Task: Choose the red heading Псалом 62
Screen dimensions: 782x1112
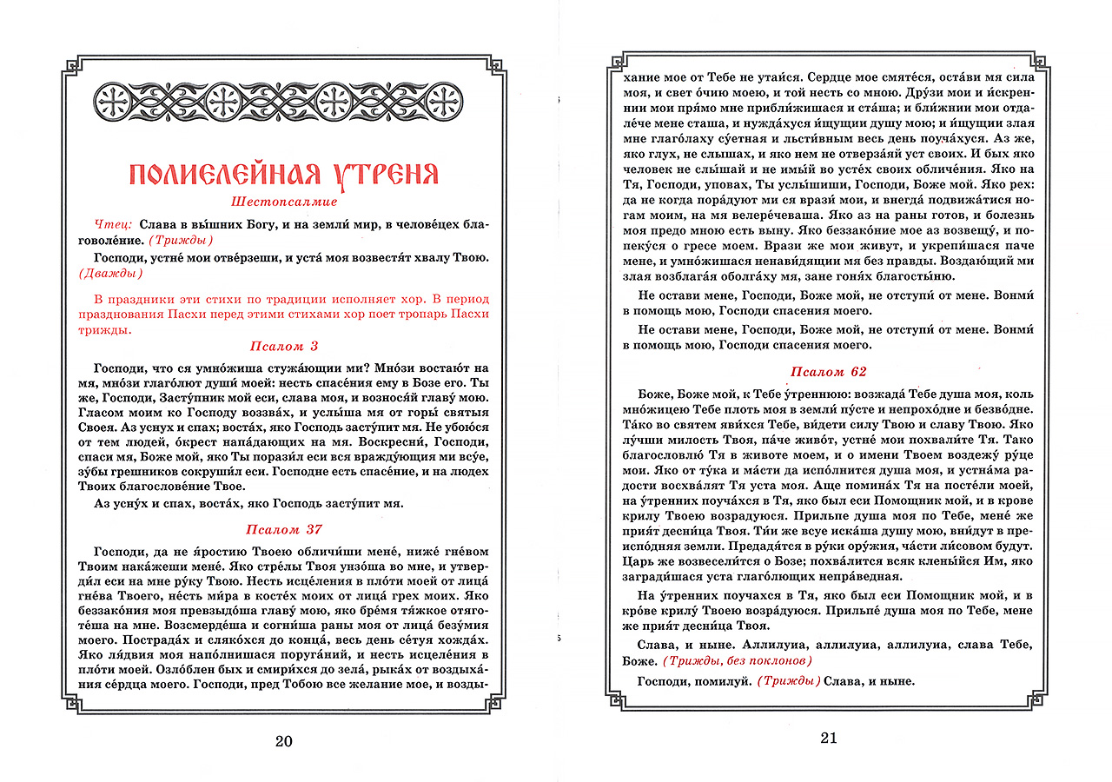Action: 829,372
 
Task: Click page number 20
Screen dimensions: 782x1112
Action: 284,741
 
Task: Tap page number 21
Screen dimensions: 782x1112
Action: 828,739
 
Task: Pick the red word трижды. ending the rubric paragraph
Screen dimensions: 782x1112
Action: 110,330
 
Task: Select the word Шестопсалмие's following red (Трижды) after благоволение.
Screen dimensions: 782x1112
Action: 181,240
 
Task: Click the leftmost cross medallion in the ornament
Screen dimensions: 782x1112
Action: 114,103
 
